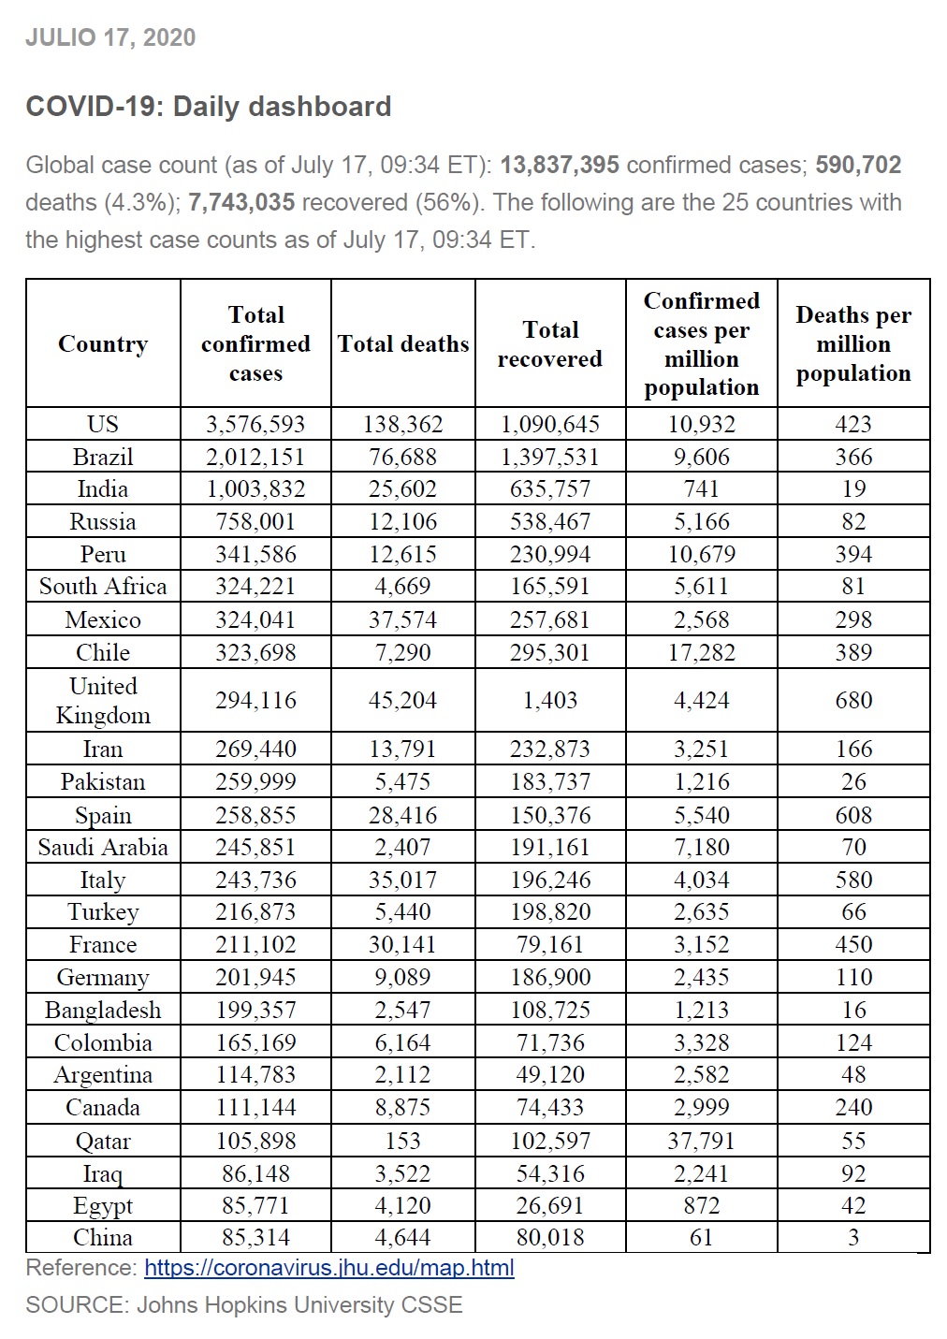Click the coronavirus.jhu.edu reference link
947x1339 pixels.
point(328,1268)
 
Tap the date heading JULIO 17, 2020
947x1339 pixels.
point(110,37)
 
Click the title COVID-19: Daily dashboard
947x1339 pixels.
point(208,107)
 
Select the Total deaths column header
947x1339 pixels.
point(403,344)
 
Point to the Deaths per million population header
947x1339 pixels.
point(852,344)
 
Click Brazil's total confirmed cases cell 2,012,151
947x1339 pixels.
point(255,457)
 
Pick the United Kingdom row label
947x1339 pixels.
point(103,700)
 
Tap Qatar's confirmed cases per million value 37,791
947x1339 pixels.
point(701,1141)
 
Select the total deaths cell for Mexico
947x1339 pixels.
point(402,619)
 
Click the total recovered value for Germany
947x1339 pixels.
point(550,977)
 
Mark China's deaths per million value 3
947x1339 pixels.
point(852,1237)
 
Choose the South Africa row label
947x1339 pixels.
point(103,587)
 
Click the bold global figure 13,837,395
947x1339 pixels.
point(560,165)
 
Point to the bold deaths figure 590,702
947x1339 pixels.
point(858,165)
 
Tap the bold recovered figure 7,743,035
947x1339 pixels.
point(241,202)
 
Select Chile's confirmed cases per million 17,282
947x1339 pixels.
point(701,652)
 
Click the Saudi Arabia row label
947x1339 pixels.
point(103,847)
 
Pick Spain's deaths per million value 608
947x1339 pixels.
point(852,815)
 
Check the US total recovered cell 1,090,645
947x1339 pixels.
point(550,424)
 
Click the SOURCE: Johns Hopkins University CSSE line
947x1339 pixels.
point(243,1304)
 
